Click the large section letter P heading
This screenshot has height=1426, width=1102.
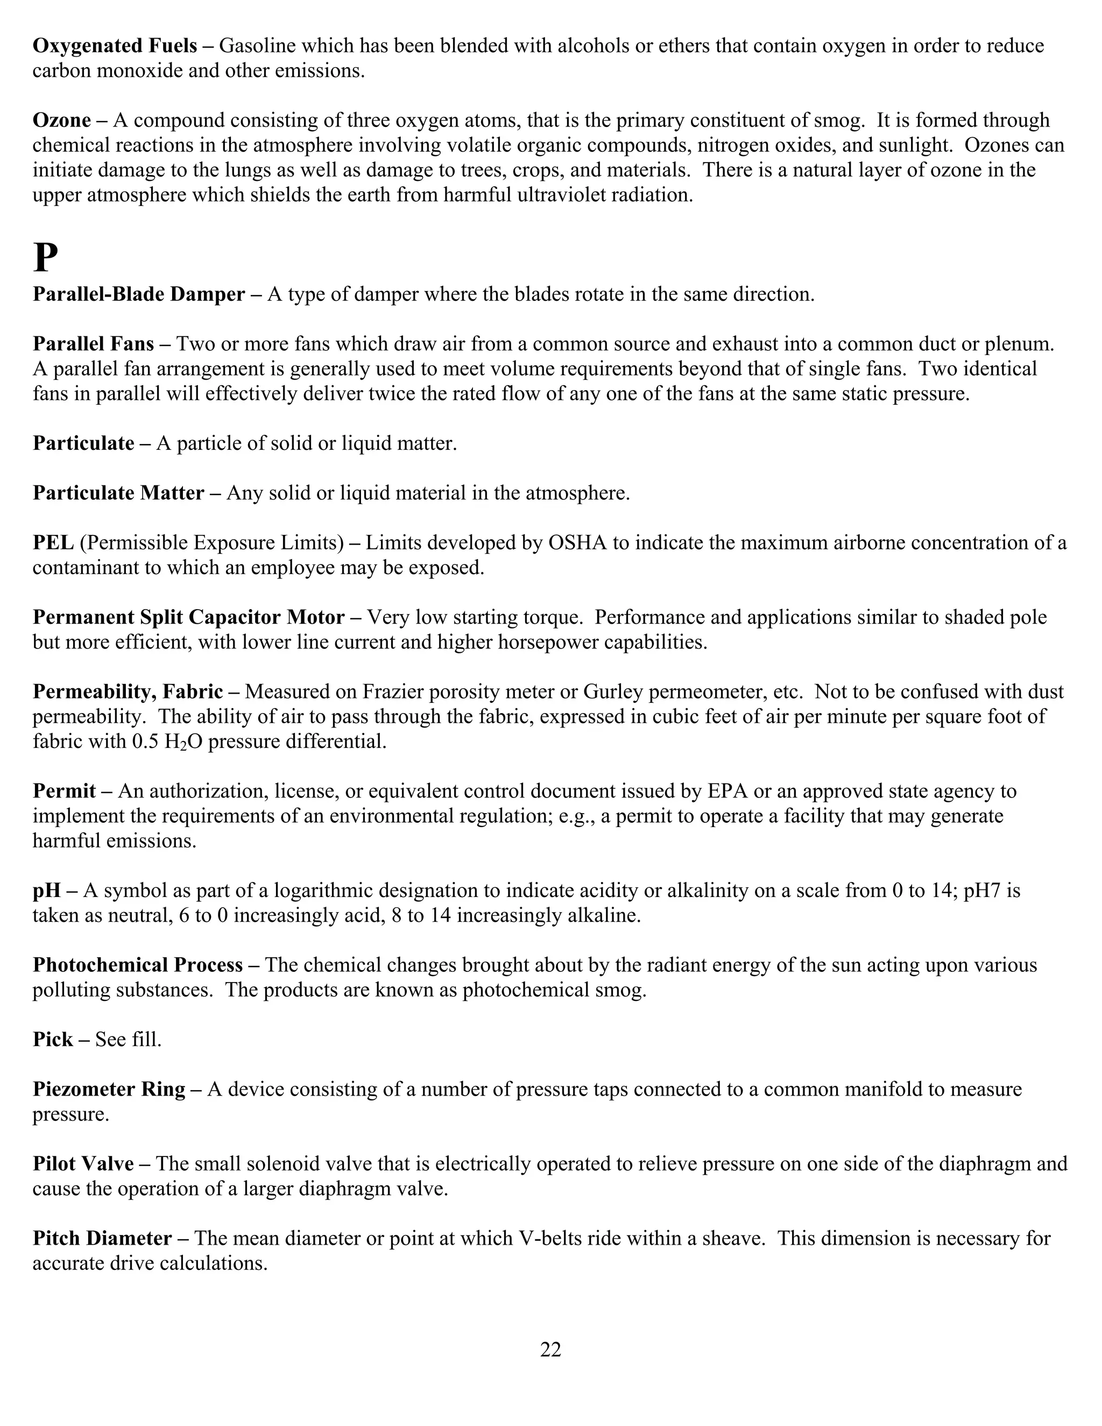45,258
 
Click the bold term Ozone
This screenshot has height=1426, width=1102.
62,121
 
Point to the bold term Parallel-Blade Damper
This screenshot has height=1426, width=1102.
139,294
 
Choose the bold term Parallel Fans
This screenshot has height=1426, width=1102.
93,344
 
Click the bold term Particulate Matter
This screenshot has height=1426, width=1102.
118,493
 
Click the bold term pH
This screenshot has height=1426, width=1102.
46,891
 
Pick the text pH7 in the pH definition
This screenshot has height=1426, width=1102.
985,891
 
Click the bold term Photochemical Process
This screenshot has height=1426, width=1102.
138,965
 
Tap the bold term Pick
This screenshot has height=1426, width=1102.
52,1040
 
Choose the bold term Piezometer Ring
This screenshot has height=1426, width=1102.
109,1090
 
